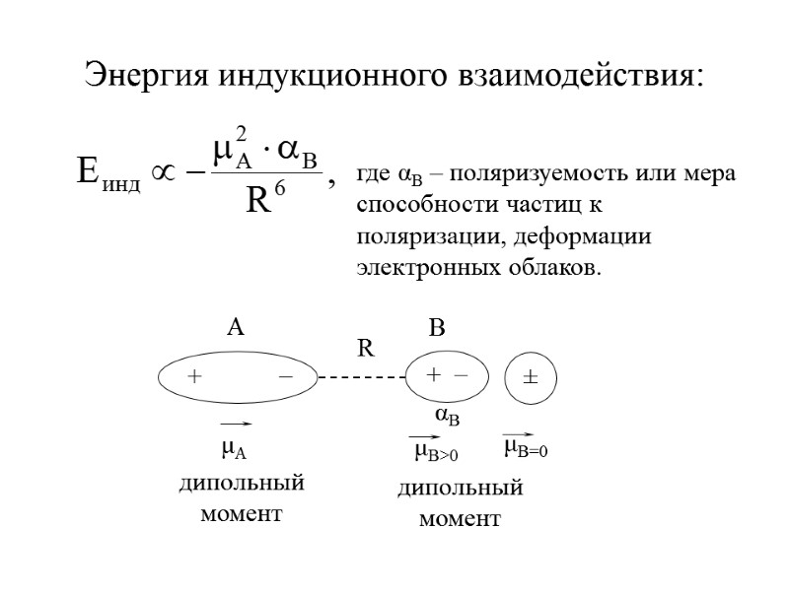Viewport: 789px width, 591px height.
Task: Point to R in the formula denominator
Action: click(258, 202)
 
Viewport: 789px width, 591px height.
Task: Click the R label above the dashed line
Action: click(366, 348)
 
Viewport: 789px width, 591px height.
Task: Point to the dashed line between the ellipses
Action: click(362, 376)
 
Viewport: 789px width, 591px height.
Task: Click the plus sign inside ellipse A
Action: click(194, 376)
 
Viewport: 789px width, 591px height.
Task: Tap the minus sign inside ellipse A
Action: click(285, 376)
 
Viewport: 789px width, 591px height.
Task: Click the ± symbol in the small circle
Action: click(530, 377)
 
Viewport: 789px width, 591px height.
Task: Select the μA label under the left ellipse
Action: click(233, 449)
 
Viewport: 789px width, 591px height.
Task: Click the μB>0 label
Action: click(436, 451)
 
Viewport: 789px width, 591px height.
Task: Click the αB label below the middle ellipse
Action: click(447, 417)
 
